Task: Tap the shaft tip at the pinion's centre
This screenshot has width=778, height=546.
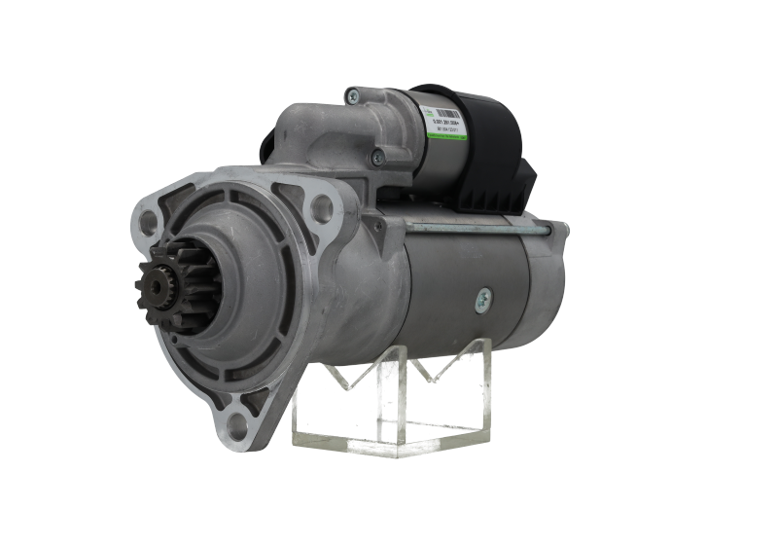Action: click(x=146, y=285)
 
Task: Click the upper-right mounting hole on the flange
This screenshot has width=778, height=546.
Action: click(x=318, y=206)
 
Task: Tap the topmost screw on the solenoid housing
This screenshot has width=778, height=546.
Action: click(x=352, y=94)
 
